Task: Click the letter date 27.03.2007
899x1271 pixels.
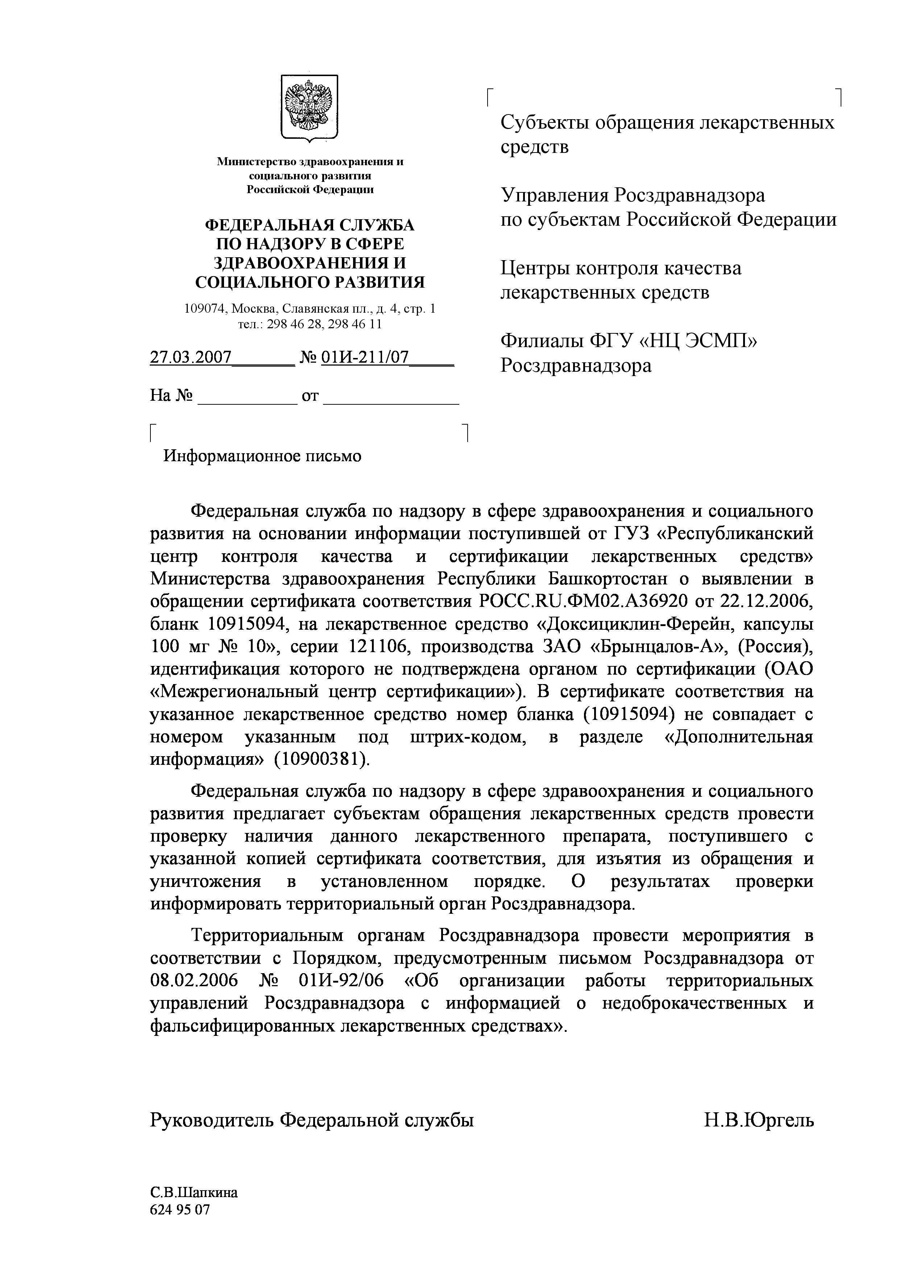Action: (x=191, y=358)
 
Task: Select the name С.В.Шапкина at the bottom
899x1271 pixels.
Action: (x=194, y=1192)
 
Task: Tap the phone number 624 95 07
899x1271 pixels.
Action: (x=180, y=1209)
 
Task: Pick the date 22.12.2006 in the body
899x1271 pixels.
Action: (x=768, y=601)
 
